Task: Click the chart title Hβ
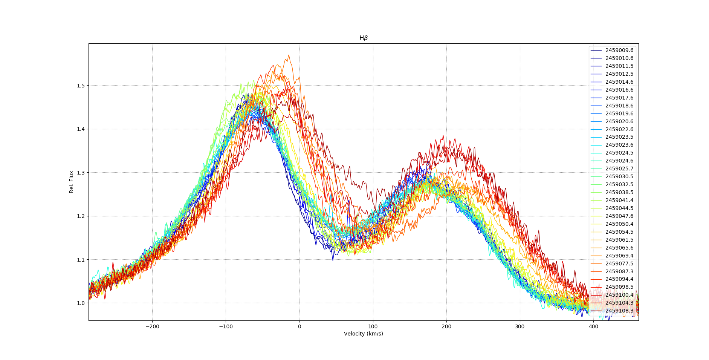(x=363, y=38)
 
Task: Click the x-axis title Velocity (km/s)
(x=363, y=334)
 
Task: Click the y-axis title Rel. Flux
(x=71, y=182)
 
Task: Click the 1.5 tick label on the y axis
(x=81, y=86)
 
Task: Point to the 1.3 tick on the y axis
(x=81, y=173)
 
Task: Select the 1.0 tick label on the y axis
(x=81, y=303)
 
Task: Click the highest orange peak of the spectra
(x=289, y=55)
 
